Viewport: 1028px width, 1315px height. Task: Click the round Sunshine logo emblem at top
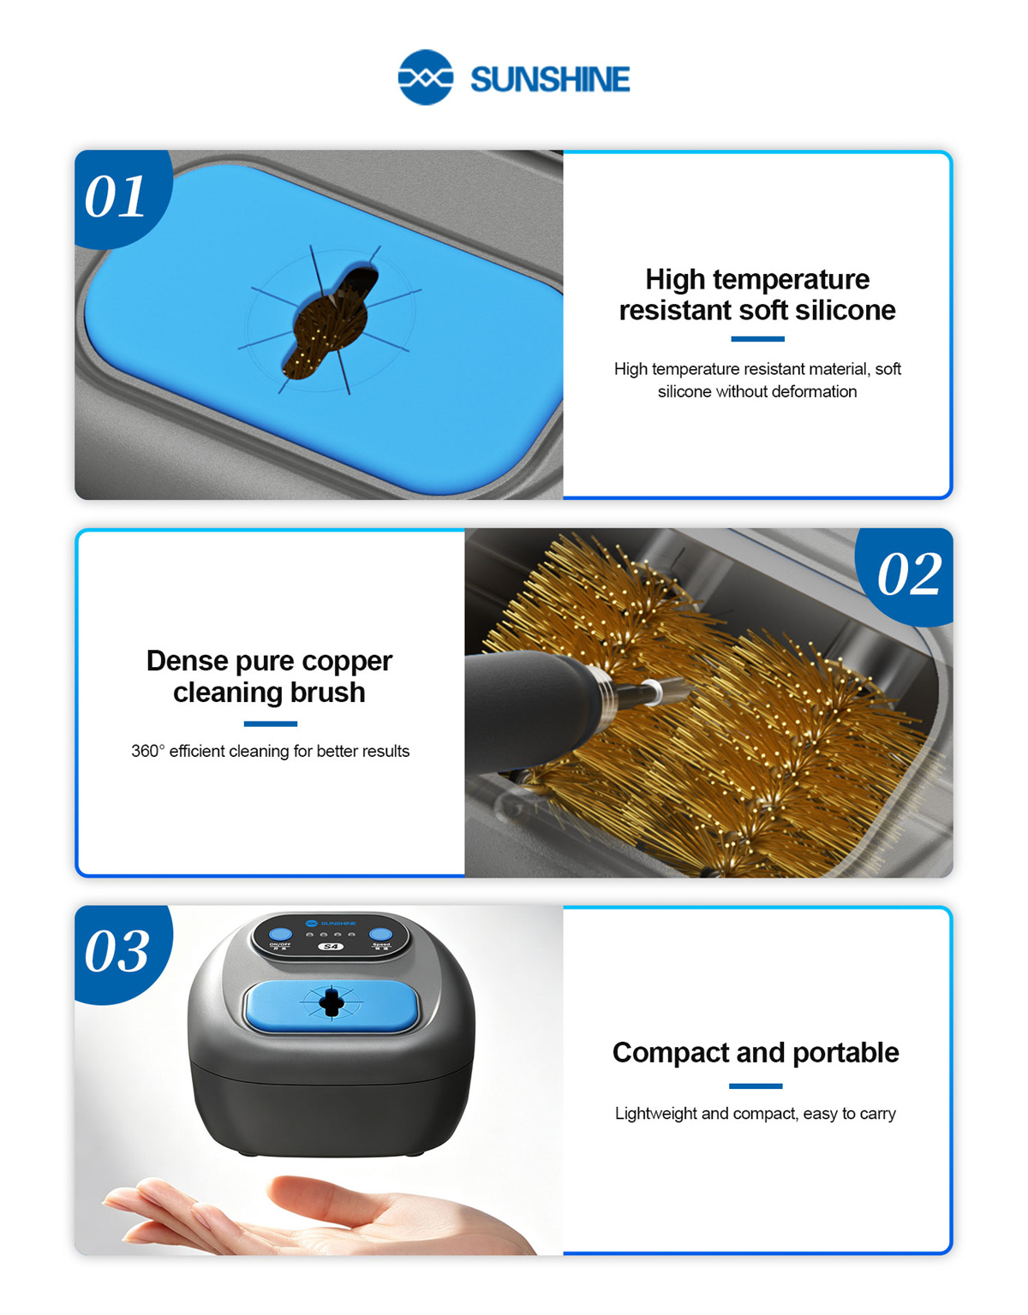[425, 77]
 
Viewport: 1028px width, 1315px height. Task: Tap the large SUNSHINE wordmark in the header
[550, 80]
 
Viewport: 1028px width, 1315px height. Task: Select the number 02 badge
[909, 574]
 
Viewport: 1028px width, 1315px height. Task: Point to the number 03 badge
[117, 952]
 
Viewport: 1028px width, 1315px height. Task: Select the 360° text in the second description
[147, 751]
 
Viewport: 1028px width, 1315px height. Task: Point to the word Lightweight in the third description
[655, 1114]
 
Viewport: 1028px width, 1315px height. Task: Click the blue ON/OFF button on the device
[280, 934]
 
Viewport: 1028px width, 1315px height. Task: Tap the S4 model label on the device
[332, 946]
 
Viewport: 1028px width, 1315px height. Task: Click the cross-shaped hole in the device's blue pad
[332, 1003]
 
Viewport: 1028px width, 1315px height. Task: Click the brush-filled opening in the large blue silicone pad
[331, 324]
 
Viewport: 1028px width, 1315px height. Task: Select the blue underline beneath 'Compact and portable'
[756, 1086]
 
